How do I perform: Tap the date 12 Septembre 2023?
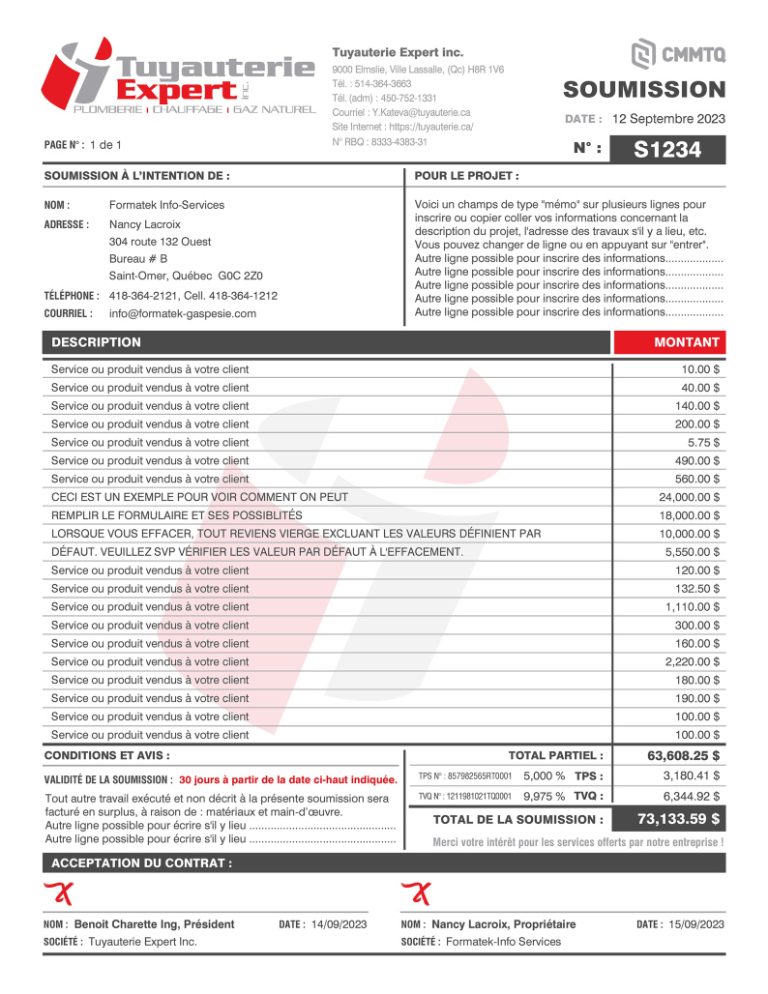coord(668,119)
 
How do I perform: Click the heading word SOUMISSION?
coord(644,90)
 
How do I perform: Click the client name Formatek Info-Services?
coord(166,205)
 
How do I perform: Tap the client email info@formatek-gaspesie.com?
coord(183,313)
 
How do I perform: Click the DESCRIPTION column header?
coord(96,342)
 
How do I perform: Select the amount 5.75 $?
coord(702,442)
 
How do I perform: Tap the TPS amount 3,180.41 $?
coord(691,775)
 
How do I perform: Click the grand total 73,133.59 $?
coord(678,819)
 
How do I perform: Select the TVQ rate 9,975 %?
coord(544,796)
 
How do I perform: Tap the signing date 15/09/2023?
coord(695,924)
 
